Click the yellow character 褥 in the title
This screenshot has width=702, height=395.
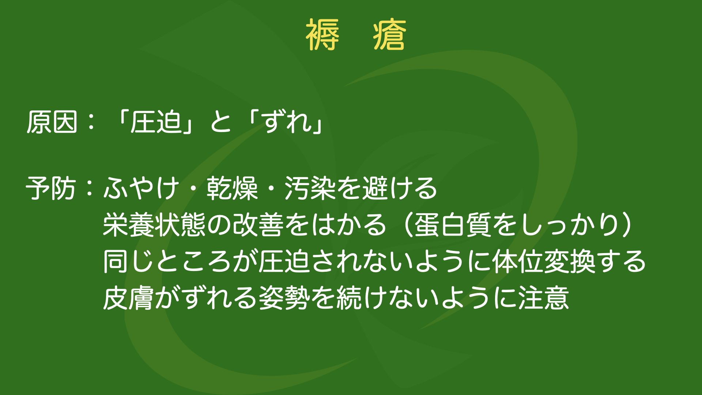point(322,34)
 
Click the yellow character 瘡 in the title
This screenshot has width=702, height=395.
point(390,34)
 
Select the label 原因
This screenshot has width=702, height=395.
point(52,122)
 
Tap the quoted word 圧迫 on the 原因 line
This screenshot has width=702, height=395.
point(156,122)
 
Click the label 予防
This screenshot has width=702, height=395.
point(51,188)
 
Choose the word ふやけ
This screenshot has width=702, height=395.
point(142,188)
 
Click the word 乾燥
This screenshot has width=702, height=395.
point(232,188)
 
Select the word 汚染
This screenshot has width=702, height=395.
point(310,188)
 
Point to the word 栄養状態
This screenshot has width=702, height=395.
point(154,225)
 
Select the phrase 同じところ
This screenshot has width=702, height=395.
point(167,262)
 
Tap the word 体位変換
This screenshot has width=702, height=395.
point(544,262)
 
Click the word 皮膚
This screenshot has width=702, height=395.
point(128,298)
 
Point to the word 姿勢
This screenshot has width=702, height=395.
point(284,298)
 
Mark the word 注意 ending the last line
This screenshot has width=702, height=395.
point(544,298)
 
